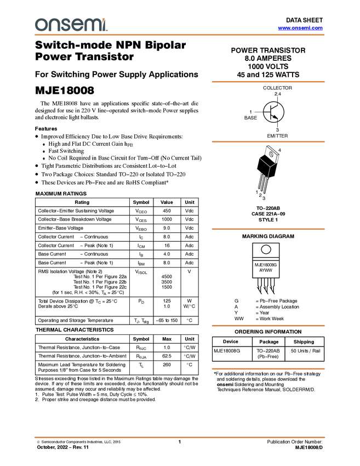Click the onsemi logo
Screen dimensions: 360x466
71,25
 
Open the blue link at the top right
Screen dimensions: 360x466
300,28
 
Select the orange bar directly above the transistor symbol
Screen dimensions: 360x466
268,82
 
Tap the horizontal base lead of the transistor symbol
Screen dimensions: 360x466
267,112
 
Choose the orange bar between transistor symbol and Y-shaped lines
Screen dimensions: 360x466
268,141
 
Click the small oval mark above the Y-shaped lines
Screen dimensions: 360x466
271,155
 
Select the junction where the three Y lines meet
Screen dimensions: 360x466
270,166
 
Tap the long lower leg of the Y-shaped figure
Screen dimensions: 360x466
268,172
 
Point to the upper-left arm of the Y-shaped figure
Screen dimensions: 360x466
264,161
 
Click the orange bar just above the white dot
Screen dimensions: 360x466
268,229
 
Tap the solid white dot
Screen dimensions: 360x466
266,249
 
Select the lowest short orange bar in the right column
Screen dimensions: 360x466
268,369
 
